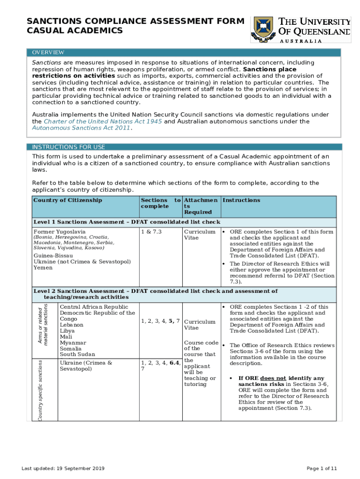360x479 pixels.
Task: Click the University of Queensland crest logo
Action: pos(262,29)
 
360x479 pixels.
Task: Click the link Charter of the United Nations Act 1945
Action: pos(103,122)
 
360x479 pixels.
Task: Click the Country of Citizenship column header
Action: pos(68,200)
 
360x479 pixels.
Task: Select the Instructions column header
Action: pos(242,200)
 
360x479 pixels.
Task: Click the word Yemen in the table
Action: pos(43,268)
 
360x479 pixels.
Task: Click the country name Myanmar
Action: pos(73,343)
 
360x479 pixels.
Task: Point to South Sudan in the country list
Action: pos(78,355)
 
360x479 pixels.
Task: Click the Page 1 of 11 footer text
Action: pos(322,468)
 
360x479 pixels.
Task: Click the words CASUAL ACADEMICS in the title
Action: pos(75,31)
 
